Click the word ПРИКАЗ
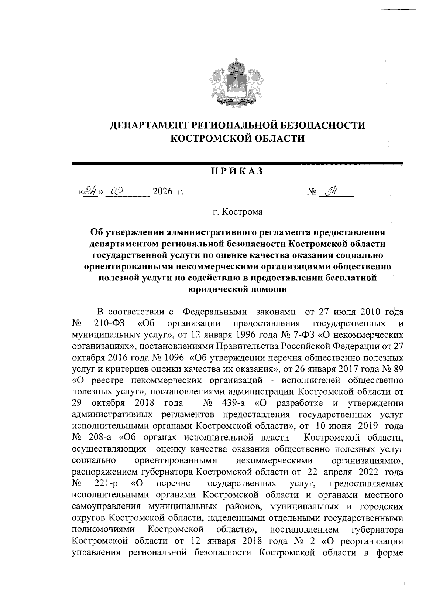click(x=236, y=171)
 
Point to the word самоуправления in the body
click(x=107, y=507)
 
